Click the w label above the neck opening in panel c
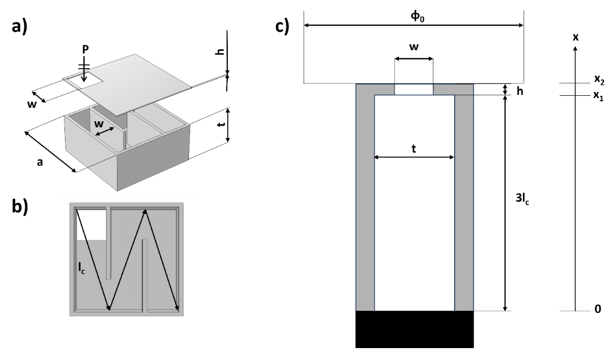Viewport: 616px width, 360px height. click(x=414, y=47)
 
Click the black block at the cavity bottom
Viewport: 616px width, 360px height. click(x=414, y=329)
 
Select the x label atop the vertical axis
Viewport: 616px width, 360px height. click(x=575, y=37)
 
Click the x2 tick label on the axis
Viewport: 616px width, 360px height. click(x=599, y=80)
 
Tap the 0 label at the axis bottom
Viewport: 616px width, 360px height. click(x=597, y=311)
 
